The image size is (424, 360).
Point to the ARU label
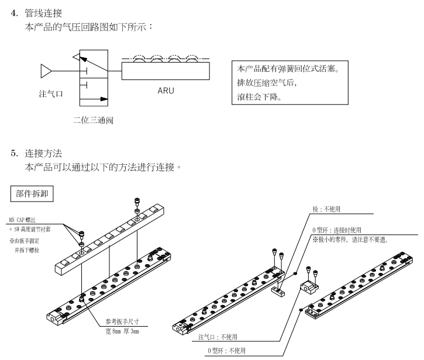tap(166, 91)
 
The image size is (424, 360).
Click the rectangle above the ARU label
tap(166, 71)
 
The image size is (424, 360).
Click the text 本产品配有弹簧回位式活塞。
tap(286, 69)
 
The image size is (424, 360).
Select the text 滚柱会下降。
tap(261, 97)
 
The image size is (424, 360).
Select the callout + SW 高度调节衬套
tap(36, 230)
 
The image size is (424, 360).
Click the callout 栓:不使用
tap(326, 207)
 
